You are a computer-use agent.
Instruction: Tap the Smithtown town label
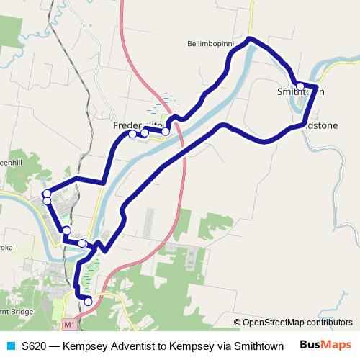point(300,92)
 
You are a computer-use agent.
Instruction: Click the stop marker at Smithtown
point(300,86)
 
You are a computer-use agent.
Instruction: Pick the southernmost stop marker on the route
point(88,302)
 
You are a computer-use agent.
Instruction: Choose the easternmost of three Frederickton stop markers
point(166,131)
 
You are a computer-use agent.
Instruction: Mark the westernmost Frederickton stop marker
point(132,134)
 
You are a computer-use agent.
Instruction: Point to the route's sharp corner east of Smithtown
point(317,88)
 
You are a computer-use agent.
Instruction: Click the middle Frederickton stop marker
point(145,133)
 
